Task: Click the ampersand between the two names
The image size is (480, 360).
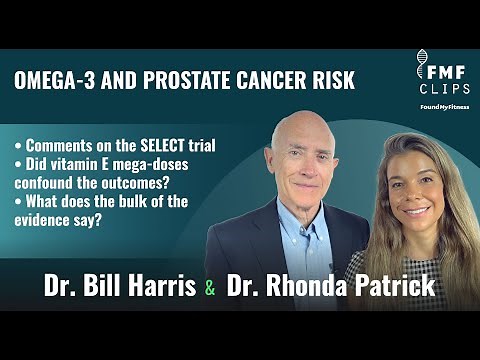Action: [209, 288]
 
